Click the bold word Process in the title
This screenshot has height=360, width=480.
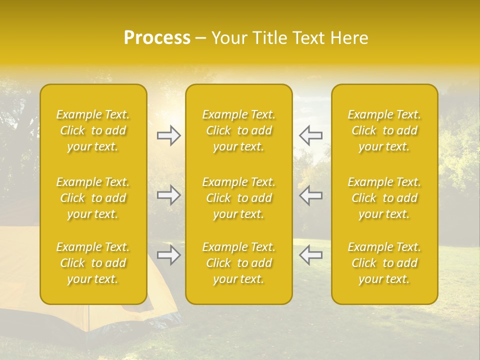point(157,38)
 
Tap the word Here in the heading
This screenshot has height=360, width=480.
point(350,38)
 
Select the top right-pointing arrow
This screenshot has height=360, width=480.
point(169,135)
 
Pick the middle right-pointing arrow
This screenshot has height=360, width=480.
point(169,195)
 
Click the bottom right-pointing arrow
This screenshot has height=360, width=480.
point(169,255)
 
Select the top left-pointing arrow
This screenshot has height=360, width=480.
point(311,135)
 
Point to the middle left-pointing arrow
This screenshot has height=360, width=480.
point(311,195)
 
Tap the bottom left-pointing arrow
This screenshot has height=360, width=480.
point(311,255)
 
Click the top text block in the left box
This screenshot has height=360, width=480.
point(93,130)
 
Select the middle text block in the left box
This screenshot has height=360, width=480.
point(93,198)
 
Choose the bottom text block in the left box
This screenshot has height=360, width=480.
point(93,263)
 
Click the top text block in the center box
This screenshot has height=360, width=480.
point(239,130)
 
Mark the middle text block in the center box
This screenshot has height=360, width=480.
point(239,198)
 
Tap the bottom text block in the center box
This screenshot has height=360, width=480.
point(239,263)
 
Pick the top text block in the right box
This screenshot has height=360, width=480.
point(384,130)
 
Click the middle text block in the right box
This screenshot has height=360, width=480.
point(384,198)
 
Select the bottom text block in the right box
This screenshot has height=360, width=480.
point(384,263)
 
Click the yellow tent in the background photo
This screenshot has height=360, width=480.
point(20,280)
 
